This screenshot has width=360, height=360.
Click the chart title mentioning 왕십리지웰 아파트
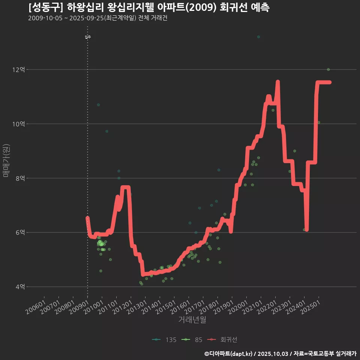[148, 8]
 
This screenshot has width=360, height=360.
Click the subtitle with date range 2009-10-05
[97, 18]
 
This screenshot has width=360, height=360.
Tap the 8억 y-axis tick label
[20, 178]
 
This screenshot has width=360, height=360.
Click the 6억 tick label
[20, 232]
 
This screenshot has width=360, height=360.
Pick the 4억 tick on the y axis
[20, 287]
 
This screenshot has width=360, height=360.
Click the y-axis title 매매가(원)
[7, 160]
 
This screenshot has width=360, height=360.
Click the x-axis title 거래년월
[192, 320]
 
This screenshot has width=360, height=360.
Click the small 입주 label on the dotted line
[88, 37]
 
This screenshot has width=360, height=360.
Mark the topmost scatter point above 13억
[258, 37]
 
